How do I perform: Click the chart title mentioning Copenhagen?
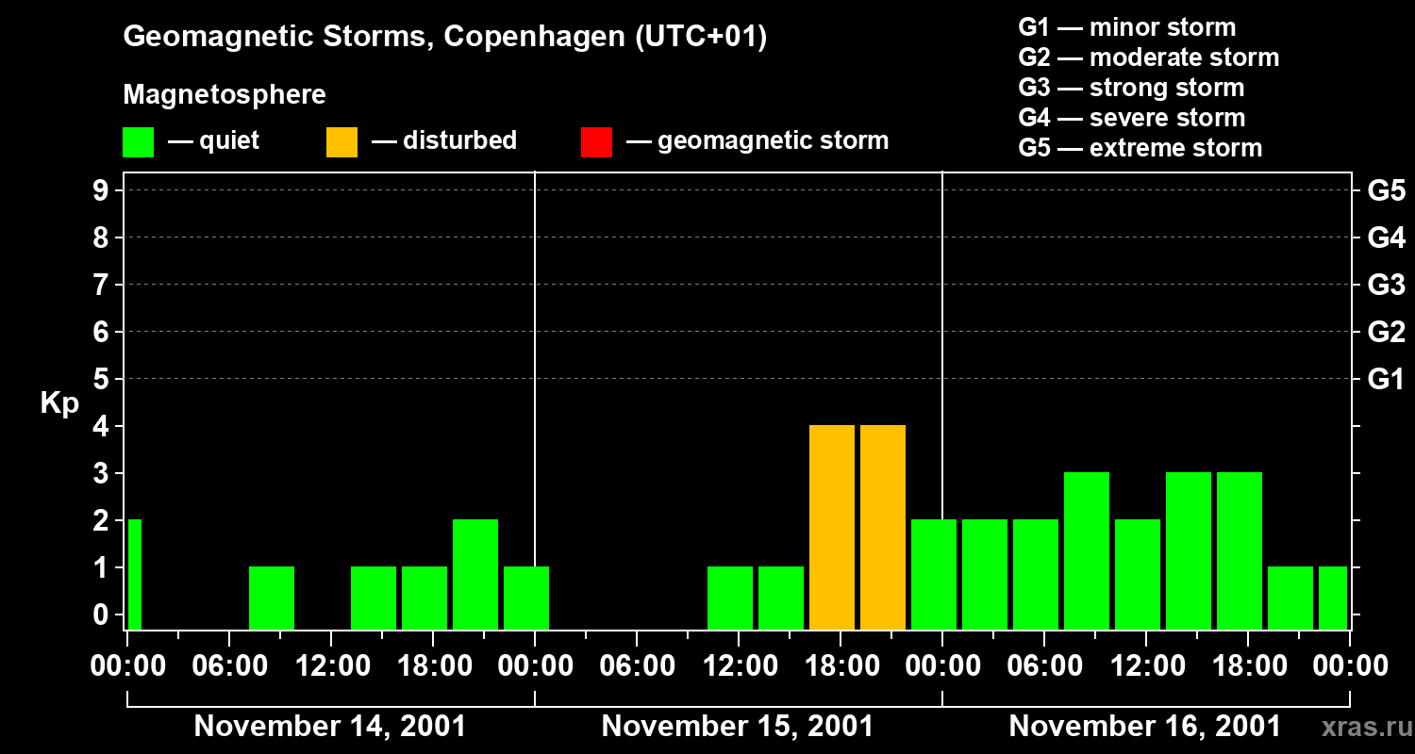pyautogui.click(x=445, y=37)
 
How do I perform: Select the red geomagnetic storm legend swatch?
pyautogui.click(x=596, y=141)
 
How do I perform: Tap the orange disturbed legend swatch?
pyautogui.click(x=341, y=141)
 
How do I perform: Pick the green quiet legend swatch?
pyautogui.click(x=139, y=141)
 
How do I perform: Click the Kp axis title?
pyautogui.click(x=59, y=404)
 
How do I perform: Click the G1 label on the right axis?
pyautogui.click(x=1386, y=380)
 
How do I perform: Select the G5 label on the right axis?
pyautogui.click(x=1386, y=191)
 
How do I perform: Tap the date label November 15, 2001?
pyautogui.click(x=737, y=727)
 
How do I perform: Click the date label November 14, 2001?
pyautogui.click(x=329, y=727)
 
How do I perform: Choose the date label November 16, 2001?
pyautogui.click(x=1144, y=727)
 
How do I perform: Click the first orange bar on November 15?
pyautogui.click(x=832, y=528)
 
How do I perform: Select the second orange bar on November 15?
pyautogui.click(x=883, y=528)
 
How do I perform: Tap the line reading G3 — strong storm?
pyautogui.click(x=1131, y=88)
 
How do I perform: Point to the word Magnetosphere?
pyautogui.click(x=225, y=95)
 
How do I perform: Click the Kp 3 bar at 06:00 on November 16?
pyautogui.click(x=1087, y=550)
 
